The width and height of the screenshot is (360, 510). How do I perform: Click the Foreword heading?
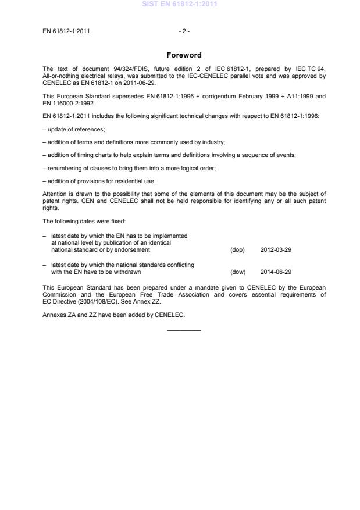[184, 55]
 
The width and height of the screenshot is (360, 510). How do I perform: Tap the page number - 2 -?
[183, 32]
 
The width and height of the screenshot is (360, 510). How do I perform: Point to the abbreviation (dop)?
[237, 249]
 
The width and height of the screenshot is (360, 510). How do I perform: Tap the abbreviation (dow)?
[237, 272]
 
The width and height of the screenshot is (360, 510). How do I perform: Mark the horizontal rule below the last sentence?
[184, 330]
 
